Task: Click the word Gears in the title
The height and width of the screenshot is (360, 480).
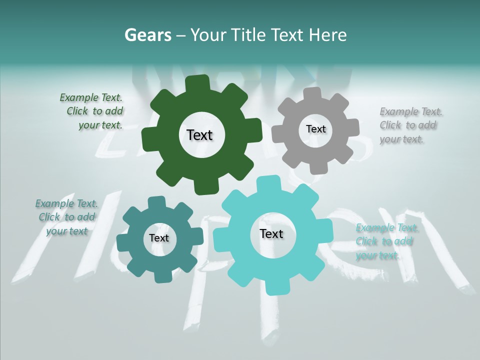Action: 147,35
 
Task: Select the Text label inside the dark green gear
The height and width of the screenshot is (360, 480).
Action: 199,135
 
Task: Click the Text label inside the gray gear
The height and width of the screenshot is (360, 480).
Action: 315,129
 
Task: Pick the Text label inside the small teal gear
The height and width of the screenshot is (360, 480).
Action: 159,238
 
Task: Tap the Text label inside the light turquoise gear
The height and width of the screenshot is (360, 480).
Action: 271,233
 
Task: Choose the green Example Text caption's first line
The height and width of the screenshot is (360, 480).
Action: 91,97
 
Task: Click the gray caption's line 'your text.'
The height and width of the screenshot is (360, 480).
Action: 401,139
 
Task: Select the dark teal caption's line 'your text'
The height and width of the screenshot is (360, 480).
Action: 67,231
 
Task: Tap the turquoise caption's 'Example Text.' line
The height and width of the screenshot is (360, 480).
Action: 387,228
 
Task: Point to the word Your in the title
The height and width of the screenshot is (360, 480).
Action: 208,35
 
